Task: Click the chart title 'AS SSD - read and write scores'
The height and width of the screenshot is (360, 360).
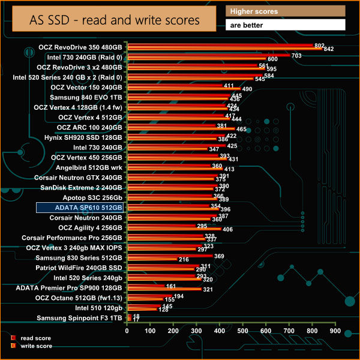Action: point(115,20)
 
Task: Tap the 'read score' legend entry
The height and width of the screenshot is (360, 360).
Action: point(32,338)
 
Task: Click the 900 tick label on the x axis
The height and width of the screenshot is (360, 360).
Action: point(335,331)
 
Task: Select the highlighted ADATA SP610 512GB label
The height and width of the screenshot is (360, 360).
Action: point(79,208)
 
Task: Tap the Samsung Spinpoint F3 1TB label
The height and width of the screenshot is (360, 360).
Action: point(79,318)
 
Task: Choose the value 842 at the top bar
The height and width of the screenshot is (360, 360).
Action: point(328,49)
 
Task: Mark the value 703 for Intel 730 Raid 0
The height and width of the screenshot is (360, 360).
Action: point(296,55)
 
